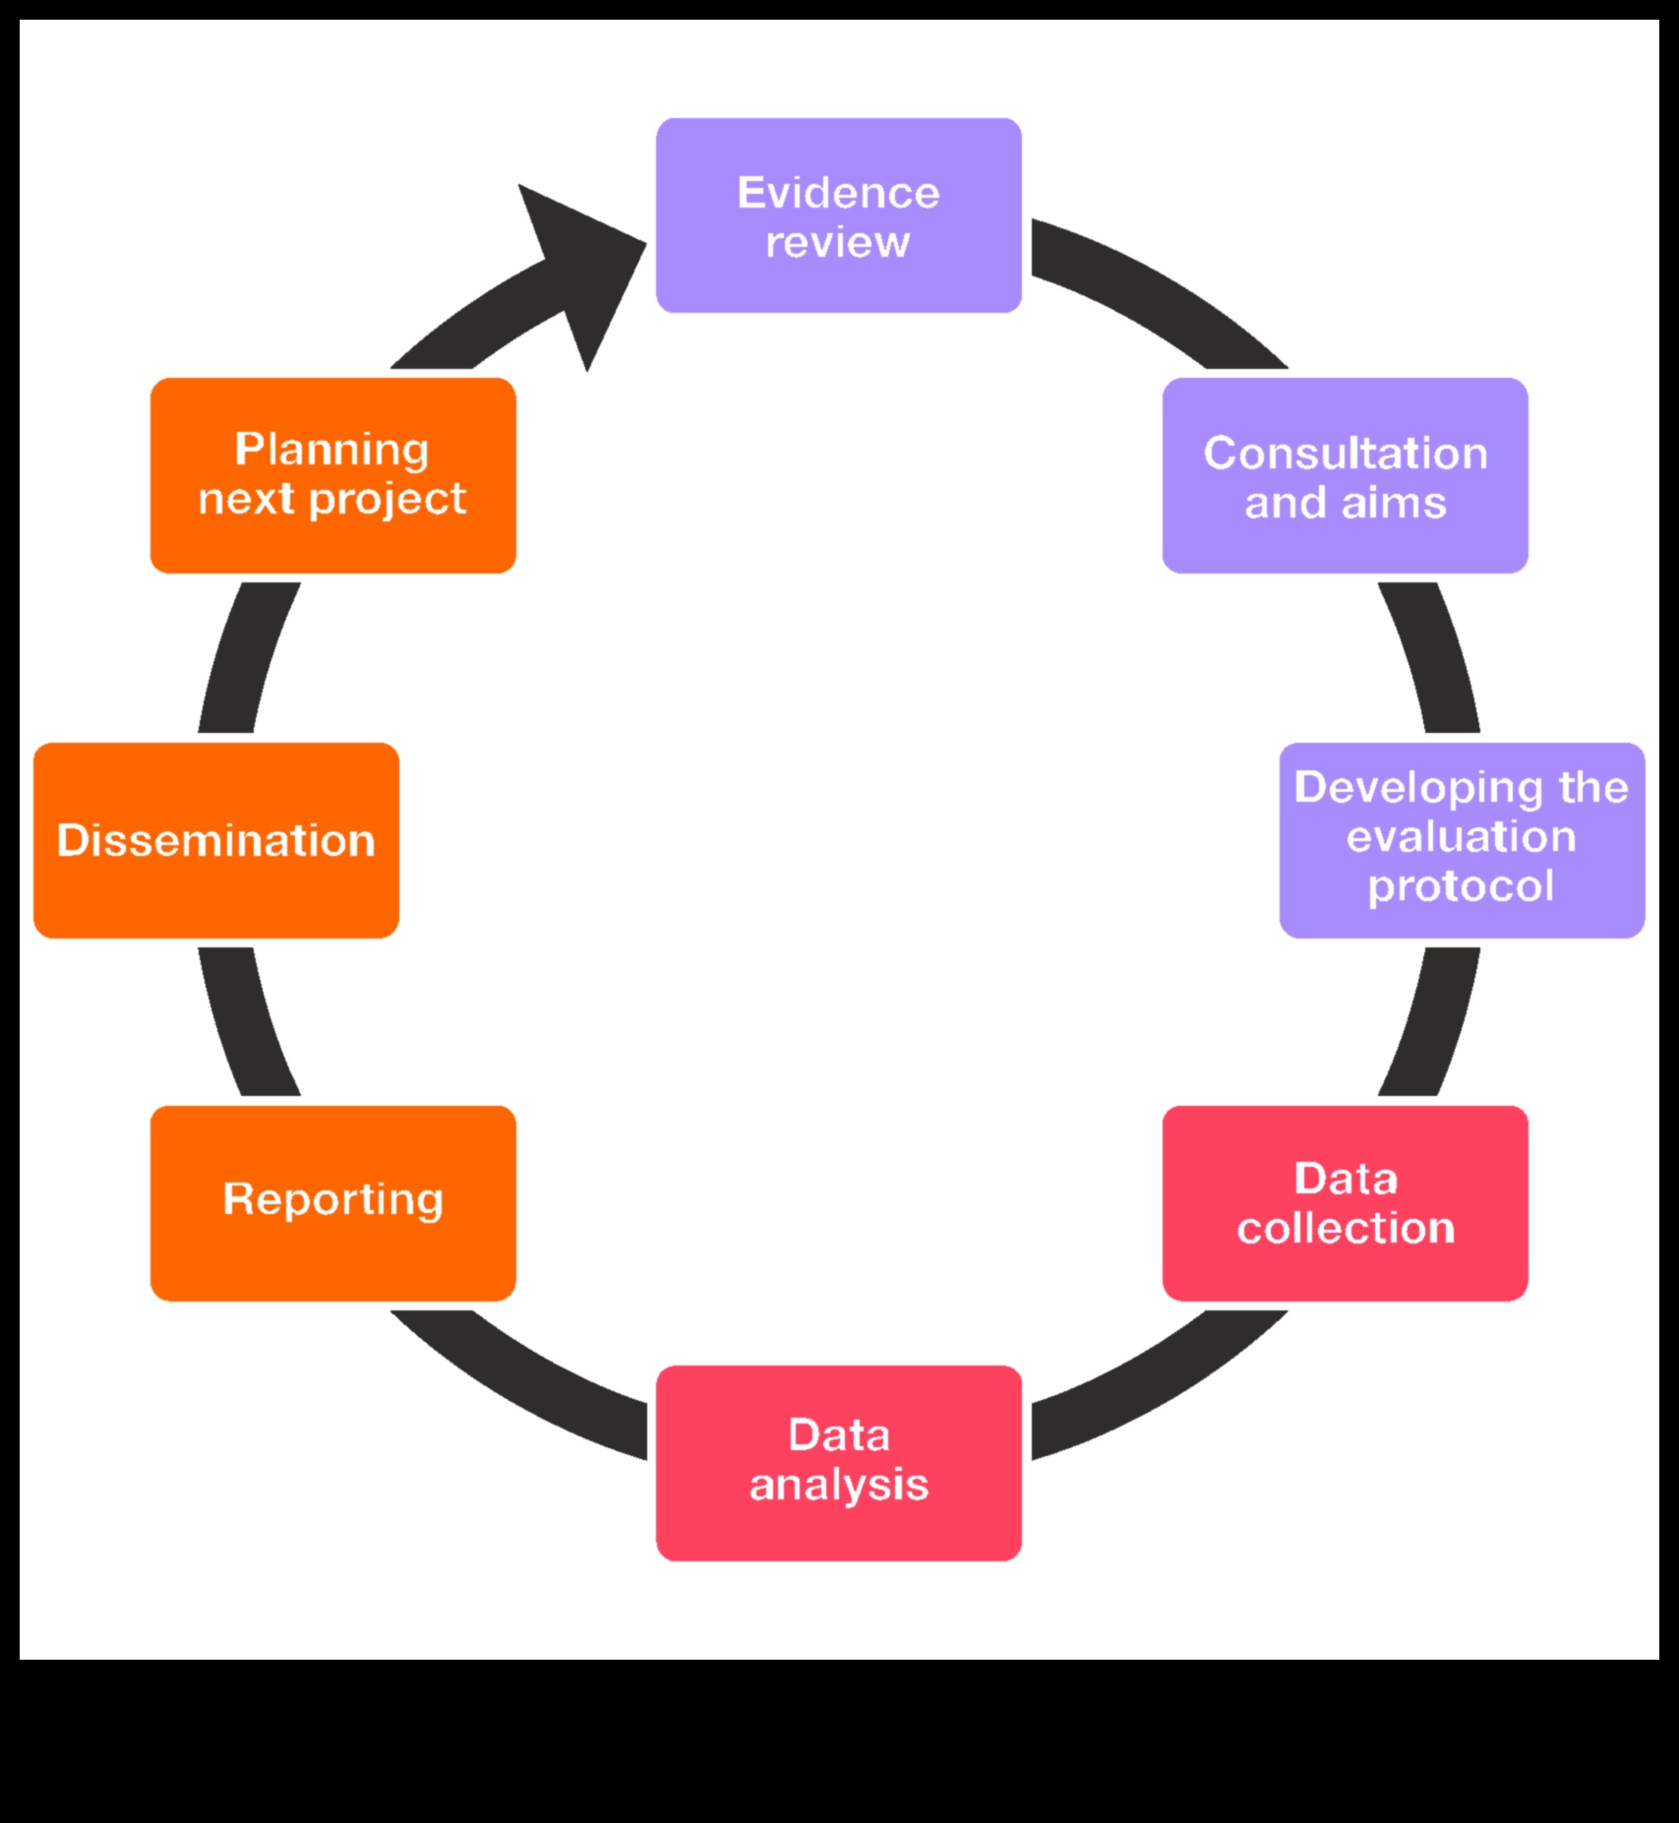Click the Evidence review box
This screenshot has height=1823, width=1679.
click(x=838, y=215)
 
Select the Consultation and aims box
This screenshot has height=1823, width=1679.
click(x=1345, y=475)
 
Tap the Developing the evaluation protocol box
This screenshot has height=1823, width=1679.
click(x=1462, y=839)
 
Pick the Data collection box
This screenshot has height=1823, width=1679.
click(x=1345, y=1202)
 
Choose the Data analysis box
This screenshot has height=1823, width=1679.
click(x=838, y=1462)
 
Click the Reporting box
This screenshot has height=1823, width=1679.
click(x=332, y=1202)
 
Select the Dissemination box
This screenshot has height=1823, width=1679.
click(x=216, y=839)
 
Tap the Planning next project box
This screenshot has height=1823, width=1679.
click(x=332, y=475)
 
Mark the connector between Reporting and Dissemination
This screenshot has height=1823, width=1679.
click(x=246, y=1023)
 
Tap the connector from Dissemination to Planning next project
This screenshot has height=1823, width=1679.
click(x=246, y=657)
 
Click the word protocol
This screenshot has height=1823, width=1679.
click(x=1461, y=886)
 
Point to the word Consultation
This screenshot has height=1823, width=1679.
click(x=1345, y=454)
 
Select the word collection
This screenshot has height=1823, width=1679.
click(x=1345, y=1228)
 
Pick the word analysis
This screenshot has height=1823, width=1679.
click(x=838, y=1486)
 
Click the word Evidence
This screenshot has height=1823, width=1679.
click(x=838, y=193)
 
